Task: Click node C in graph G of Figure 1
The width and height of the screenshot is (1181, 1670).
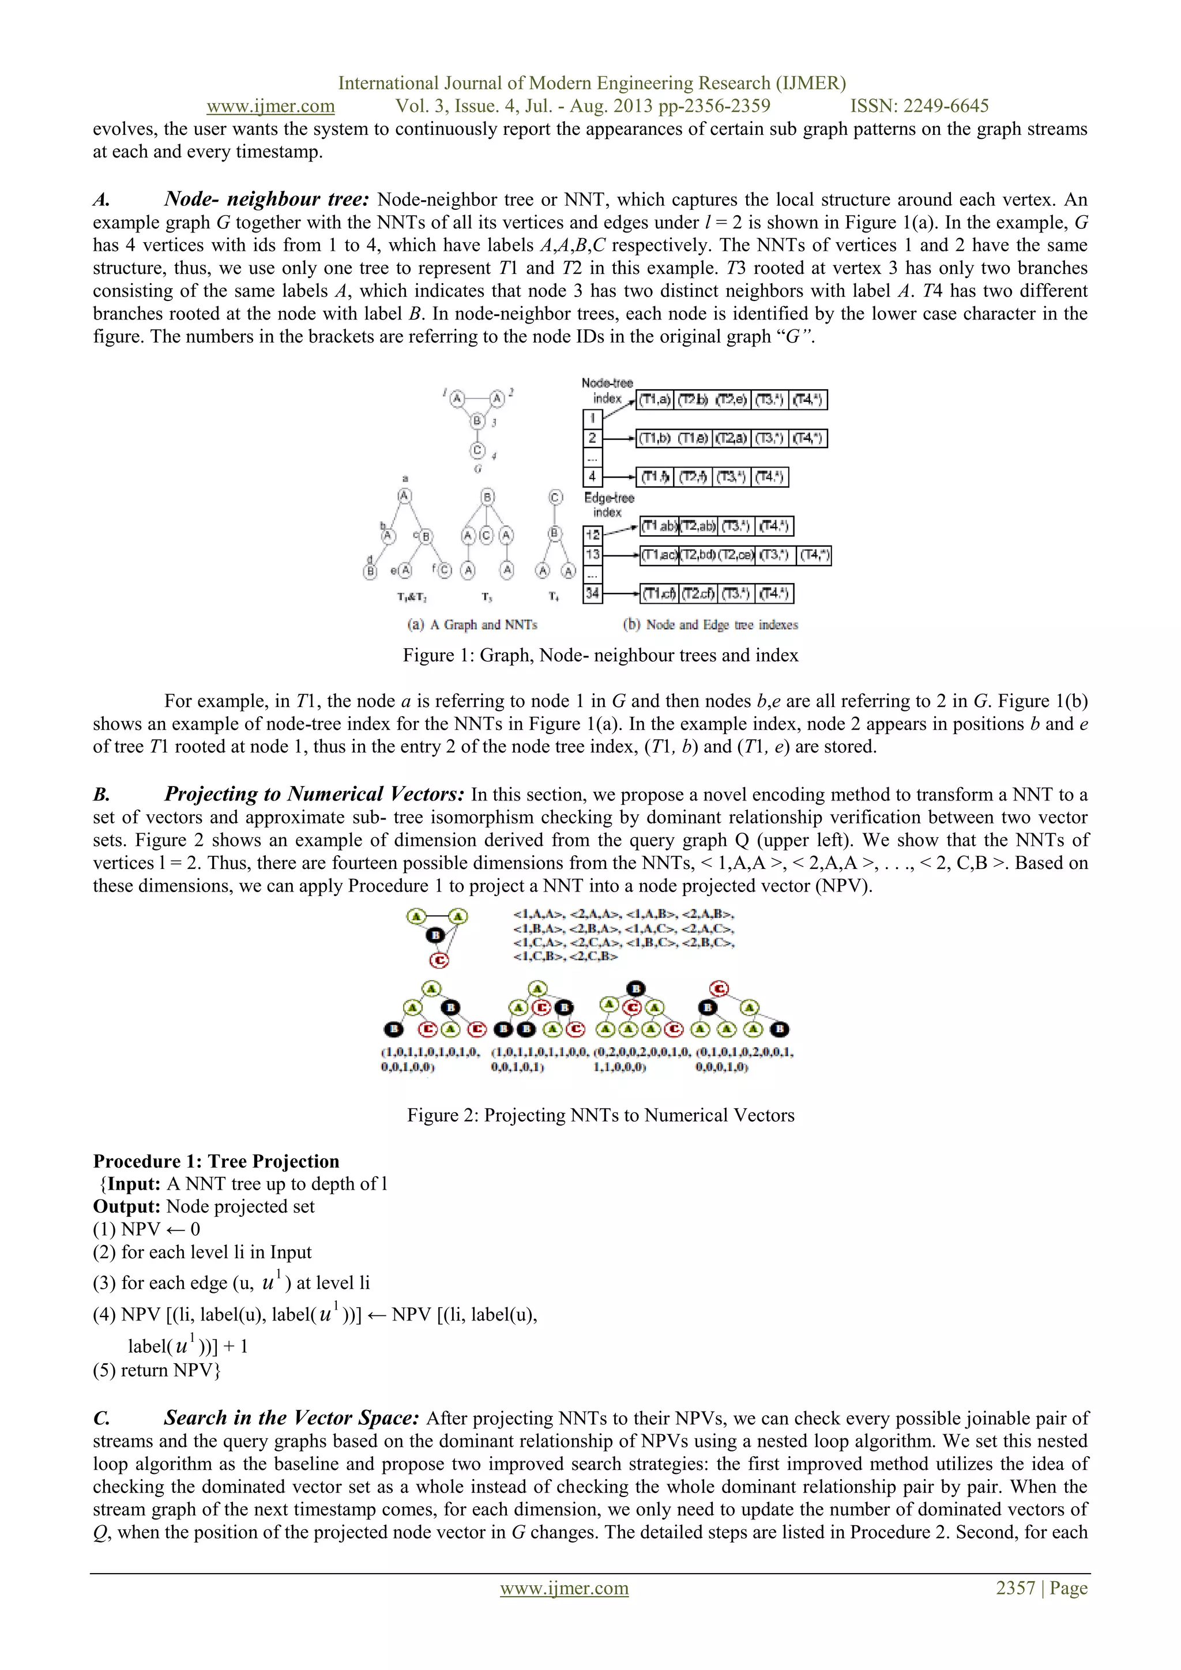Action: click(477, 450)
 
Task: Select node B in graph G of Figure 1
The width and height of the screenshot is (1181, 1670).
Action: click(477, 420)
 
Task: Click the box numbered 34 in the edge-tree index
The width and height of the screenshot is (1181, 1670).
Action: click(592, 593)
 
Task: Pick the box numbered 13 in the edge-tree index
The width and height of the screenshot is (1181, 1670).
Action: click(592, 554)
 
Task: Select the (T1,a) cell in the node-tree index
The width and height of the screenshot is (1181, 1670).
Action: click(655, 399)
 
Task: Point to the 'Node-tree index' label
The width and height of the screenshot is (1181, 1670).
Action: click(607, 390)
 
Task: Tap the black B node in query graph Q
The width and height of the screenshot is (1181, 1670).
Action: click(435, 935)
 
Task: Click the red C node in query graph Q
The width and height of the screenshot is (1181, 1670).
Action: click(438, 960)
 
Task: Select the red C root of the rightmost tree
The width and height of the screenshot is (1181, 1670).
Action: click(719, 988)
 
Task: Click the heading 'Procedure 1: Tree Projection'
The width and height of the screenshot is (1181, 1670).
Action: click(216, 1161)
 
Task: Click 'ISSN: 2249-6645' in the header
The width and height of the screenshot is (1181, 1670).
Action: click(919, 106)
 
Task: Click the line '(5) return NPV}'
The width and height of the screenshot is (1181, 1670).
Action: click(156, 1370)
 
